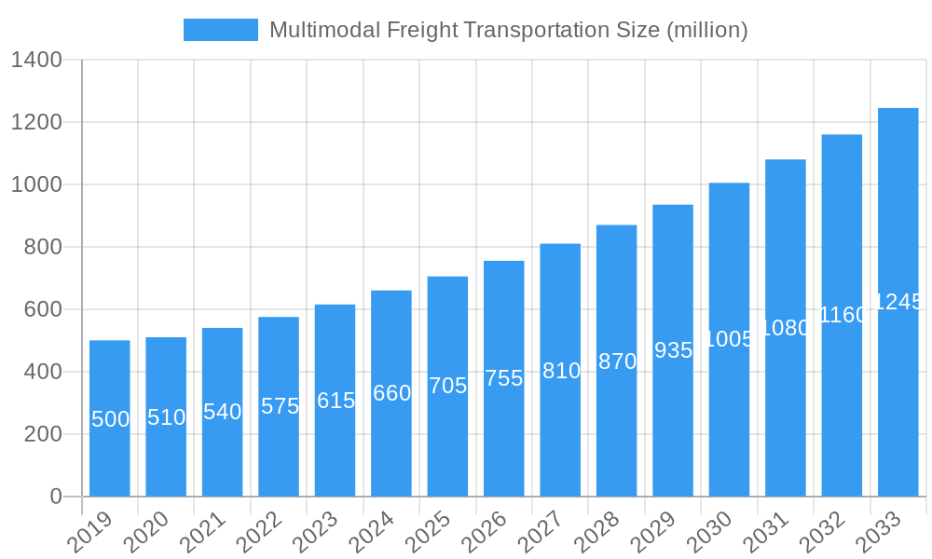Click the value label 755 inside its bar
[503, 378]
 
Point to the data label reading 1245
[898, 302]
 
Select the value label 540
[222, 412]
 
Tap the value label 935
[673, 350]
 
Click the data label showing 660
[391, 393]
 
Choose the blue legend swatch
[220, 30]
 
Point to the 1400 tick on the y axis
[36, 61]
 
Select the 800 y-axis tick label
[43, 247]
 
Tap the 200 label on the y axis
[43, 434]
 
